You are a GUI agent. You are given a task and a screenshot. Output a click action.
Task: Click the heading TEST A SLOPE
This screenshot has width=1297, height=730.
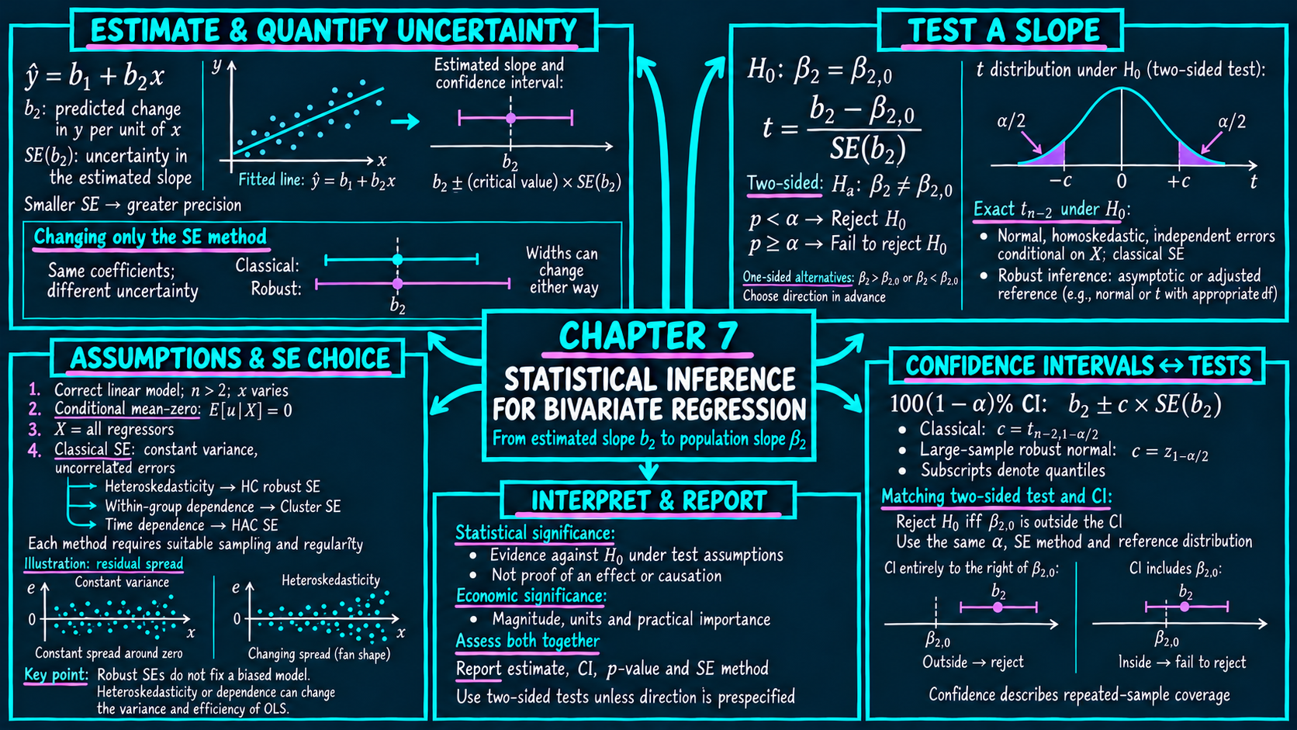[x=1004, y=30]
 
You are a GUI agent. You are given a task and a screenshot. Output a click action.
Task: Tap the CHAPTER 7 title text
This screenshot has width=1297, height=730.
[x=648, y=336]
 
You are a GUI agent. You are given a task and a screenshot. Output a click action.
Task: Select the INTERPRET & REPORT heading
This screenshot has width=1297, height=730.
[x=649, y=500]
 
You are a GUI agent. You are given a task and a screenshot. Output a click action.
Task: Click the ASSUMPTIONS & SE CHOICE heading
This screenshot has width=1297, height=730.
[x=230, y=358]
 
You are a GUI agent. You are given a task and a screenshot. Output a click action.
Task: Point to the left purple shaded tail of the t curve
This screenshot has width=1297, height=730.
[x=1051, y=156]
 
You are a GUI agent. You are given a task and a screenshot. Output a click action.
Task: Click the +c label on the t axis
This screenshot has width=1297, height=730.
[x=1178, y=182]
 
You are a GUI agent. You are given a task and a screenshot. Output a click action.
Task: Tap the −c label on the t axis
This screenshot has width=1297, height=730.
[x=1060, y=182]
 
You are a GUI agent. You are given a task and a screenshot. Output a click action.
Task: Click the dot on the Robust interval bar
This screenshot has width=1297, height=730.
[x=397, y=284]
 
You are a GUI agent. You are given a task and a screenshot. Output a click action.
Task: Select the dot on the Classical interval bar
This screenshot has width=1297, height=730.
[x=397, y=259]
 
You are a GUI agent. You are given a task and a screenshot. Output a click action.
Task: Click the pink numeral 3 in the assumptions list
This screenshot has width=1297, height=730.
[x=35, y=430]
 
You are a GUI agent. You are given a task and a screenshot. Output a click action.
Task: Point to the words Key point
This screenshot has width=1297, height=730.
[x=56, y=675]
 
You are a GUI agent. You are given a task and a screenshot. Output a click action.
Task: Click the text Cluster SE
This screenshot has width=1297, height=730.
[x=310, y=507]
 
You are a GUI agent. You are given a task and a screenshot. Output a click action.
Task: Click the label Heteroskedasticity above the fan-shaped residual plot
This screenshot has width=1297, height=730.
[x=330, y=580]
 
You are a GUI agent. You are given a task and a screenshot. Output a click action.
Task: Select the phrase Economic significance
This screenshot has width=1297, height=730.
[x=531, y=596]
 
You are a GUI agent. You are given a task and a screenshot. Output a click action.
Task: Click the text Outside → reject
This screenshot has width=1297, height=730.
[x=973, y=662]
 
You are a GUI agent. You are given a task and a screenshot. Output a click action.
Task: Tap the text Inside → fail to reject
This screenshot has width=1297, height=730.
[x=1181, y=662]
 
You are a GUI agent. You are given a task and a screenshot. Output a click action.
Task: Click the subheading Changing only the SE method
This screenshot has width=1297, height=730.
[x=150, y=237]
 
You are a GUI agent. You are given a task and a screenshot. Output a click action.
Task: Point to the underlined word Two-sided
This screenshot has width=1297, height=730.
[x=784, y=183]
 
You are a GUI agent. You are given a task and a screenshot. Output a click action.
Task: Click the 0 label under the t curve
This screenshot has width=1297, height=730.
[x=1122, y=182]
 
